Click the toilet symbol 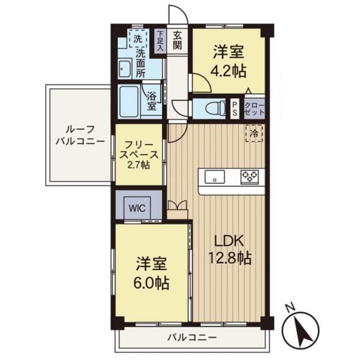[216, 108]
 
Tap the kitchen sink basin [215, 177]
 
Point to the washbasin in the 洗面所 [125, 68]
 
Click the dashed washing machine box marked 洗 [138, 38]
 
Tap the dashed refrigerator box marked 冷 [254, 133]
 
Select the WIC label [137, 208]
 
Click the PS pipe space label [235, 108]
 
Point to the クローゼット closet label [254, 109]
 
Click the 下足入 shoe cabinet [160, 41]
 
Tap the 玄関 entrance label [178, 40]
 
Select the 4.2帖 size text [228, 71]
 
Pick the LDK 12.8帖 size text [229, 258]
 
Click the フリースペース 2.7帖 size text [139, 165]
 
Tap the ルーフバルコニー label [80, 135]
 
